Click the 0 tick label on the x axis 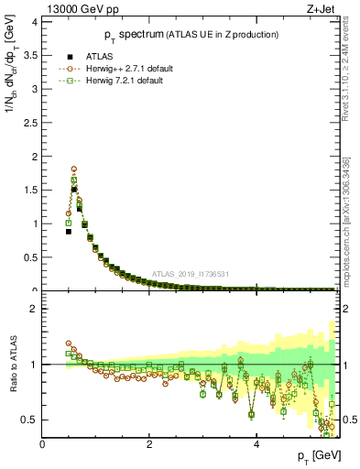[43, 444]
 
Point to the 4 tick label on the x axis [256, 444]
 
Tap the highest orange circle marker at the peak [74, 169]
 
